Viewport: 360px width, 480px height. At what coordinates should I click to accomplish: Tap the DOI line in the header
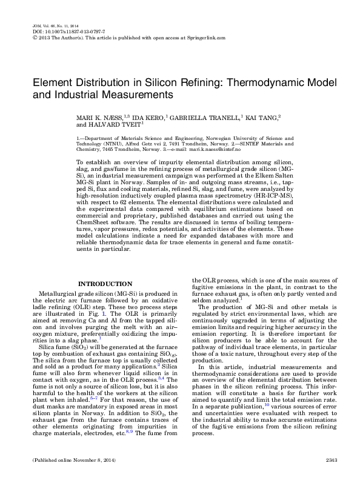(x=55, y=30)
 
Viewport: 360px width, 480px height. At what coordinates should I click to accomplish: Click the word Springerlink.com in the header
(x=204, y=36)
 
